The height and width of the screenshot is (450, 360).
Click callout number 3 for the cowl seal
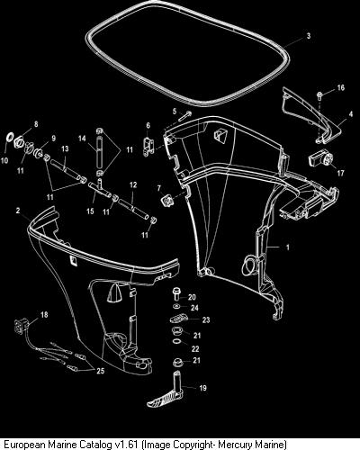tap(309, 36)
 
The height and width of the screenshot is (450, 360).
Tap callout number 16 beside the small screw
tap(341, 87)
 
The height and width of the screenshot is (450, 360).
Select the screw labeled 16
tap(319, 96)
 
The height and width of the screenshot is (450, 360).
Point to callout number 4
tap(351, 114)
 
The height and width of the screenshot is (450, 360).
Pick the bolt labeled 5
tap(184, 116)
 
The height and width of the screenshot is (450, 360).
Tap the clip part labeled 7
tap(168, 200)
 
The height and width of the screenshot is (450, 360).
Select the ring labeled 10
tap(10, 137)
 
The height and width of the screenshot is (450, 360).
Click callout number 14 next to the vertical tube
tap(82, 139)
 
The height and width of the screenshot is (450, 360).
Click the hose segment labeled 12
tap(133, 209)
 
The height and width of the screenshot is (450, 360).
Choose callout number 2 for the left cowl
tap(18, 211)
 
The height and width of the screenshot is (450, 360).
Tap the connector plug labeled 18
tap(21, 326)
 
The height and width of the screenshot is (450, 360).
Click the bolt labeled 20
tap(176, 293)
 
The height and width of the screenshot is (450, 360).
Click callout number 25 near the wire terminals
tap(100, 371)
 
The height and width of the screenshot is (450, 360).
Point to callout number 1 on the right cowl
tap(288, 247)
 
